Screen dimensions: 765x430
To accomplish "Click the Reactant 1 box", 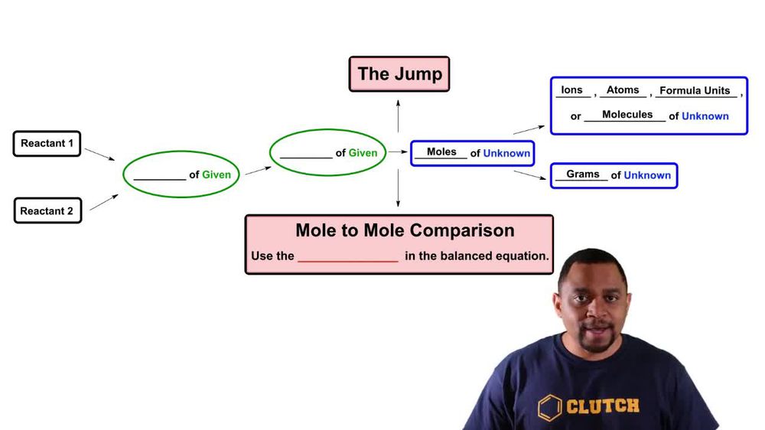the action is (x=47, y=144).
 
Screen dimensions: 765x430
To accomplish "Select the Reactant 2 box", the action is (x=47, y=210).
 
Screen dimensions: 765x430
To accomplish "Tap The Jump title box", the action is (x=399, y=73).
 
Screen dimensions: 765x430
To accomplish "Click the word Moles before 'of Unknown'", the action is (x=441, y=151).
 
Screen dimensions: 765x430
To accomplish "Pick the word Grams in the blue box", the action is (x=582, y=174).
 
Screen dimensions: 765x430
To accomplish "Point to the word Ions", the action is (x=571, y=90).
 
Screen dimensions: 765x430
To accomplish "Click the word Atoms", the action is (x=623, y=90).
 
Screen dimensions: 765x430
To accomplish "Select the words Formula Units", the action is (x=695, y=90).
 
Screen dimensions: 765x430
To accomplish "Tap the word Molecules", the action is (x=627, y=114).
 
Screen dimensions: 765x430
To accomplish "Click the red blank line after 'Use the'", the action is (x=348, y=262).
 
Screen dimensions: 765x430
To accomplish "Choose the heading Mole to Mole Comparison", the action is (x=405, y=230).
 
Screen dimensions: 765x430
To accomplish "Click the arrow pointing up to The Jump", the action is (x=398, y=116).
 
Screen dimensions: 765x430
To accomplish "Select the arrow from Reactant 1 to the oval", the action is (x=99, y=155).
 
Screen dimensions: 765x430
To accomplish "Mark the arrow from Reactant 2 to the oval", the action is (x=104, y=202).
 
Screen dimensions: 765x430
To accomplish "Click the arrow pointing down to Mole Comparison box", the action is (x=398, y=188).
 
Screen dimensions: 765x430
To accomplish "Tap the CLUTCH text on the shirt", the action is (x=603, y=406).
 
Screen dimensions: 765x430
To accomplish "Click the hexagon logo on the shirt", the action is (x=550, y=408).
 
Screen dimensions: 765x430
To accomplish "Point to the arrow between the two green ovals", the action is (x=258, y=171).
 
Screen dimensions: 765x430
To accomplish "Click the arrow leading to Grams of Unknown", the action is (x=530, y=174).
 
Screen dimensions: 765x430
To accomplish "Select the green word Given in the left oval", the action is (x=216, y=174).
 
